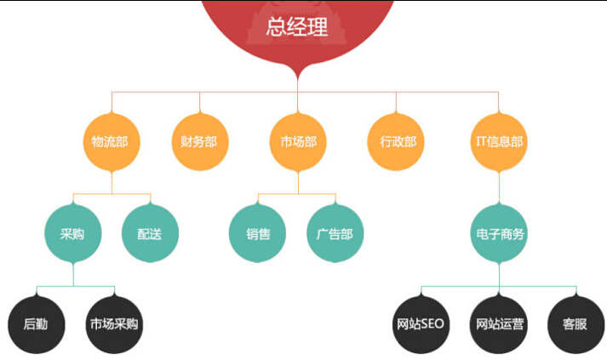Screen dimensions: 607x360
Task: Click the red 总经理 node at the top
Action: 297,27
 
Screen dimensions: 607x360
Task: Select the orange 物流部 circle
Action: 112,142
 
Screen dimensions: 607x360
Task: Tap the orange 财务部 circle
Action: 200,142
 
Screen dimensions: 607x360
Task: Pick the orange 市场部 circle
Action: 298,142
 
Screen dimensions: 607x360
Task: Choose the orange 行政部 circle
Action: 396,142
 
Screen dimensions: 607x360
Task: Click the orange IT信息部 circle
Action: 499,142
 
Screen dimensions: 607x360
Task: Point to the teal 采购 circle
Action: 73,233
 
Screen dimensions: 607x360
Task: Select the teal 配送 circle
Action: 150,233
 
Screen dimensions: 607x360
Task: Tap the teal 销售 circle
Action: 257,233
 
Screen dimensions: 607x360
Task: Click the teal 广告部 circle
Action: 335,233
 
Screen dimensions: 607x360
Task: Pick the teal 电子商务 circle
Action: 499,233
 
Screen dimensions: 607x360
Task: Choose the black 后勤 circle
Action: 37,324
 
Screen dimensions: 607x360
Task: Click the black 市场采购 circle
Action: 114,324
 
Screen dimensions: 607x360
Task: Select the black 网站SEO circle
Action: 421,324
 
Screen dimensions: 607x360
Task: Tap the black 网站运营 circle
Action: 499,324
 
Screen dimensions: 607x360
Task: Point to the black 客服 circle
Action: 576,324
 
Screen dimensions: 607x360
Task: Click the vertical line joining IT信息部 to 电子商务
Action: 499,187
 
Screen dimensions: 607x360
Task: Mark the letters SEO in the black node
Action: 432,323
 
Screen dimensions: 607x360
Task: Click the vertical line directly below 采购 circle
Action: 73,274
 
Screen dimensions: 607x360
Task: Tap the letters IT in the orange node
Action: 481,141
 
